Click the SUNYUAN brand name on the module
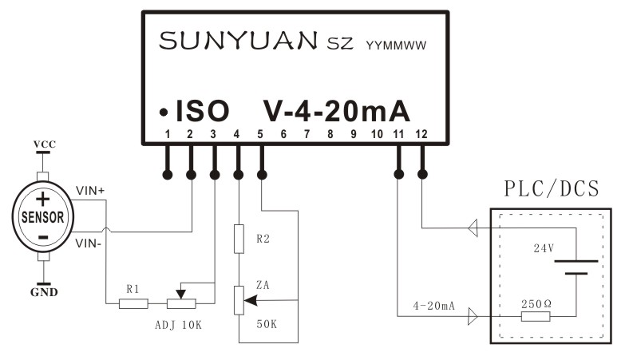(239, 41)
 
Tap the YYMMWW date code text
(394, 45)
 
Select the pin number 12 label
(423, 135)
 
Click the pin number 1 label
(168, 135)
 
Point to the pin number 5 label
(260, 135)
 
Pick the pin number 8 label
(330, 135)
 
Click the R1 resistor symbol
(133, 303)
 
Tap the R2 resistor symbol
(238, 239)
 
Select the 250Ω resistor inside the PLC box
(536, 317)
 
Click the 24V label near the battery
(544, 248)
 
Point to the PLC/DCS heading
(552, 190)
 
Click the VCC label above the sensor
(44, 144)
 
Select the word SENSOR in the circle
(43, 217)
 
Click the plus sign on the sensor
(43, 199)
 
